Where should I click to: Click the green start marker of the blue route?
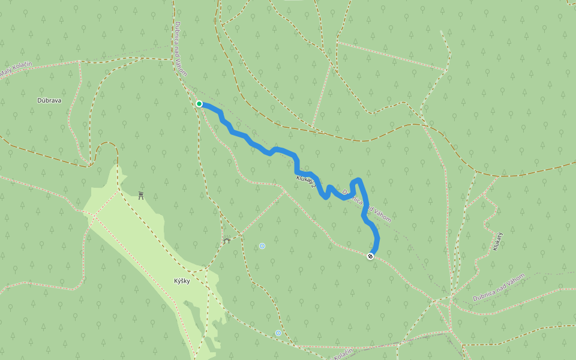tap(199, 104)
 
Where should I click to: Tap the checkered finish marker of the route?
tap(371, 257)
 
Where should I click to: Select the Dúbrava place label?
tap(49, 100)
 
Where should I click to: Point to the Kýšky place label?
tap(182, 281)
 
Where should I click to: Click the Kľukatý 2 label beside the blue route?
tap(305, 182)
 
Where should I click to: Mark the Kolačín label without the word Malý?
tap(343, 354)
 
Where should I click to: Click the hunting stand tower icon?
tap(141, 195)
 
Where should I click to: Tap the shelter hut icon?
tap(226, 241)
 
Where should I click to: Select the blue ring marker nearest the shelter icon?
tap(262, 246)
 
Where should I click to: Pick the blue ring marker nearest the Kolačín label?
tap(278, 333)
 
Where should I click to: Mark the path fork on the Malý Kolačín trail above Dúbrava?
tap(80, 61)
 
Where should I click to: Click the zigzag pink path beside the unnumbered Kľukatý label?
tap(489, 210)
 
